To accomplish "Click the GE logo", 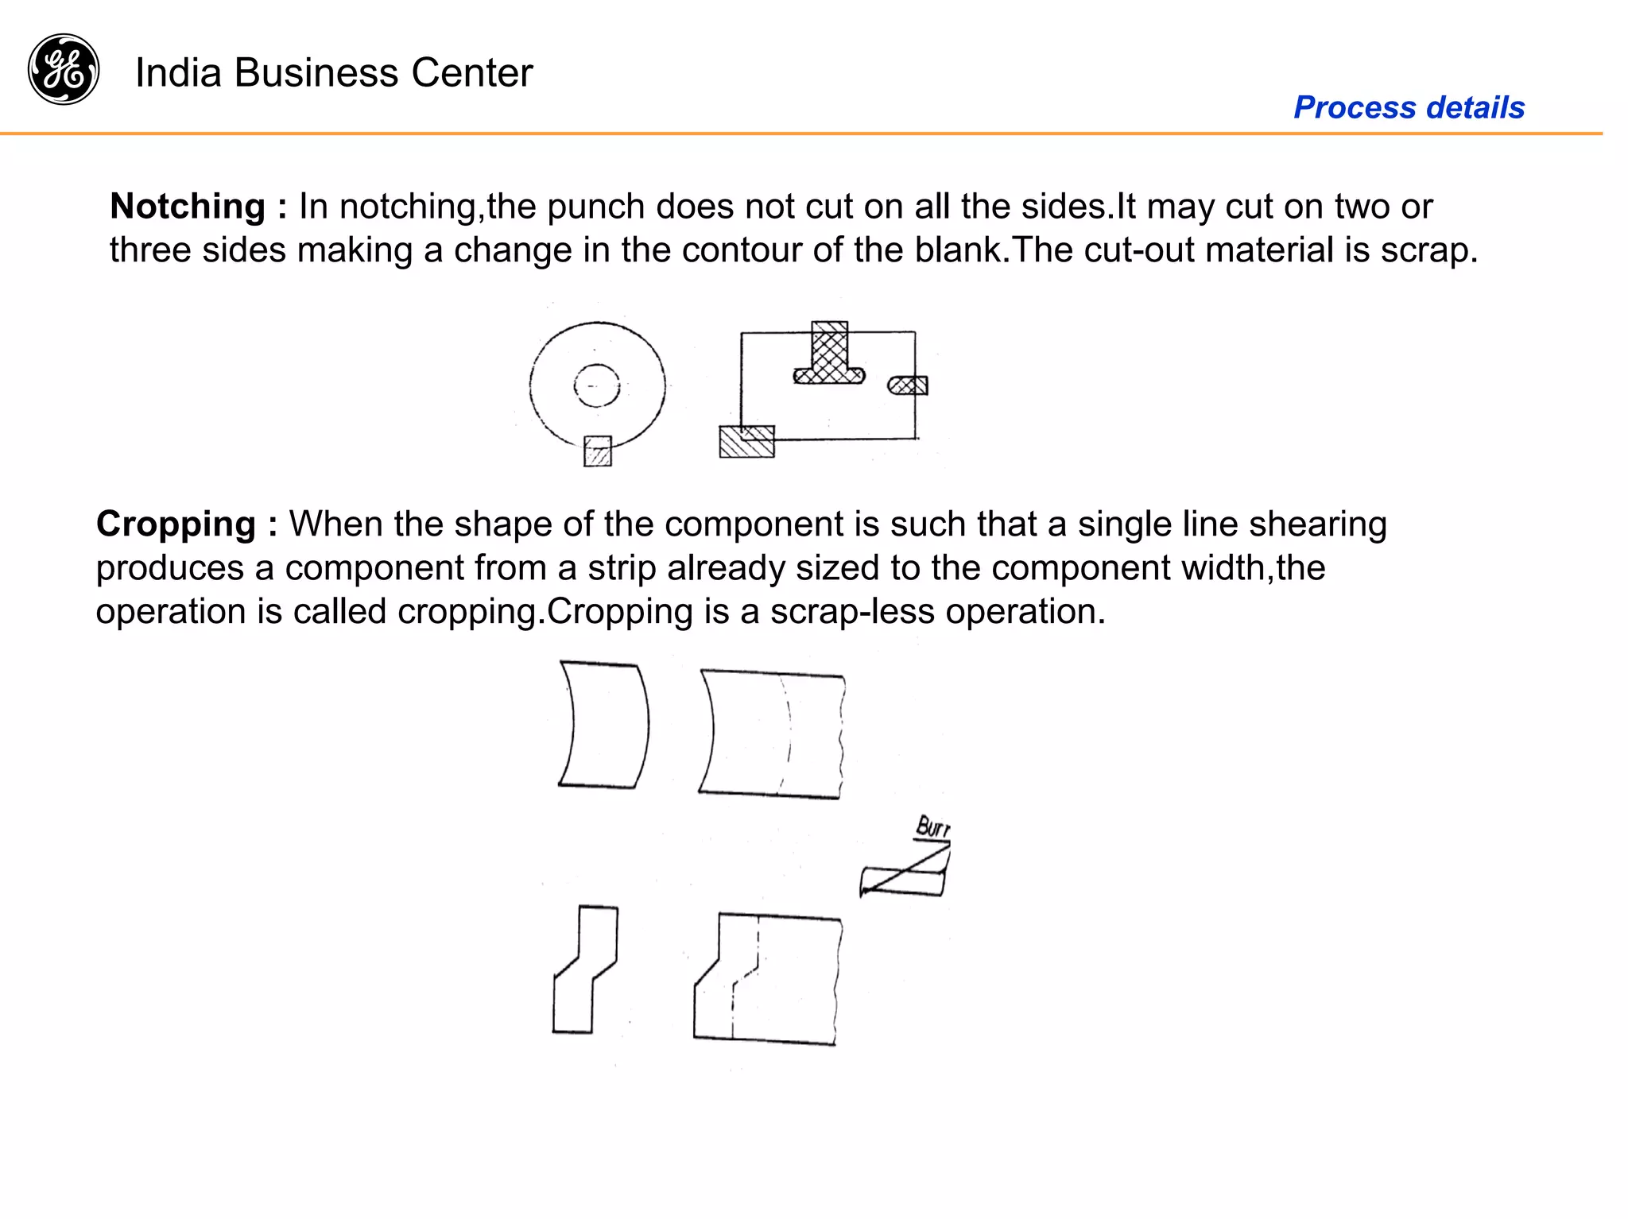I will [x=64, y=69].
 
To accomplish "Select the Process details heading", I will [x=1409, y=107].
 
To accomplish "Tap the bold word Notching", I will [x=188, y=207].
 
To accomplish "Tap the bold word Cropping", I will [x=176, y=524].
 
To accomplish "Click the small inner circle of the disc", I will [x=596, y=385].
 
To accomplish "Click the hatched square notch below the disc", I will [x=598, y=451].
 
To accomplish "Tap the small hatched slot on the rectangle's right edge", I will [x=908, y=386].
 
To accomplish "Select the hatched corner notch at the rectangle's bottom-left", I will [x=746, y=442].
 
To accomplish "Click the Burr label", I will [x=932, y=827].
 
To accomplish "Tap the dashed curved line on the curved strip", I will [x=788, y=731].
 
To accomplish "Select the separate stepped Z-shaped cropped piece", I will [x=586, y=969].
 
